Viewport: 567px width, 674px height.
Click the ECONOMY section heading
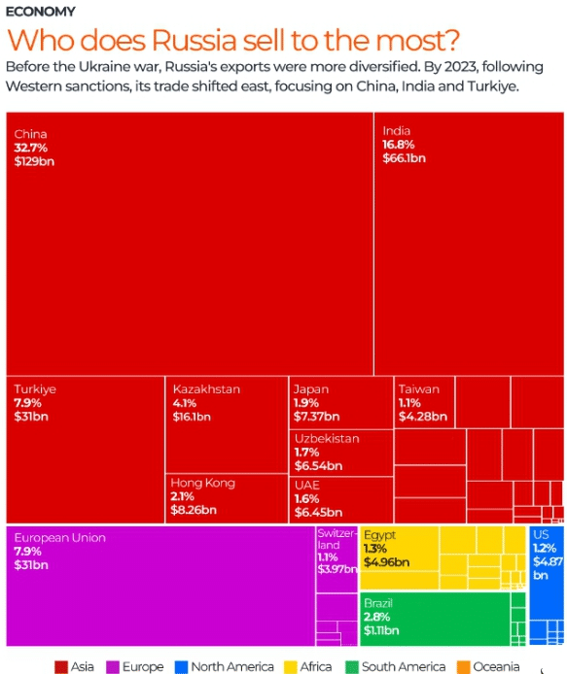tap(41, 12)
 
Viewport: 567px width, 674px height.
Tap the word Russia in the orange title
tap(195, 40)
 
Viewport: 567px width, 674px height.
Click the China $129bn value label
tap(34, 161)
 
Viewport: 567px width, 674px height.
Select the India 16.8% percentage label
tap(398, 145)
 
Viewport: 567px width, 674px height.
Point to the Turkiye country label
tap(35, 389)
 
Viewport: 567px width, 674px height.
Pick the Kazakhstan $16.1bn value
tap(192, 417)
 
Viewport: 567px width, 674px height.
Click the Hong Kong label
tap(202, 483)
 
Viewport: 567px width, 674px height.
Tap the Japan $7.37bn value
tap(316, 417)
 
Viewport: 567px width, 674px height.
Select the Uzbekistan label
tap(327, 438)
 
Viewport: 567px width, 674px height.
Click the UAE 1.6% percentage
tap(306, 498)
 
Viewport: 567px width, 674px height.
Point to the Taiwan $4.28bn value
tap(423, 417)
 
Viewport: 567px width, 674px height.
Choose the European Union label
tap(60, 538)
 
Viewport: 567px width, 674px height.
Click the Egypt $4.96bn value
tap(386, 562)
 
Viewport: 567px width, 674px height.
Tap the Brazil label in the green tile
tap(378, 603)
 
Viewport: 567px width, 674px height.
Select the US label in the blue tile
tap(541, 535)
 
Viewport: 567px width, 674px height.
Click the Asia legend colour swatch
tap(61, 666)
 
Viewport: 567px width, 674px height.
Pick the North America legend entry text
tap(232, 666)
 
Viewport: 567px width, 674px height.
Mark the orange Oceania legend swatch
tap(463, 666)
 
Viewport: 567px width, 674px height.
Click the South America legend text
tap(404, 666)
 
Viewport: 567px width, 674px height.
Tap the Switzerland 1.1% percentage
tap(327, 557)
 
